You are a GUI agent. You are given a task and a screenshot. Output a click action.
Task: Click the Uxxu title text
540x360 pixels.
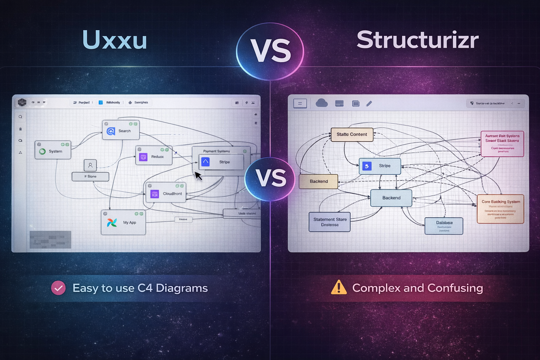point(115,40)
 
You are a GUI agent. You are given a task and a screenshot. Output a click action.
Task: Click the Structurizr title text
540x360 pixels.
point(417,40)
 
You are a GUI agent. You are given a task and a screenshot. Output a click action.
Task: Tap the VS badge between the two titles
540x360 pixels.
point(270,51)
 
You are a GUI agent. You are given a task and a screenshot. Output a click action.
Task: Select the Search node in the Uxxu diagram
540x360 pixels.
point(121,130)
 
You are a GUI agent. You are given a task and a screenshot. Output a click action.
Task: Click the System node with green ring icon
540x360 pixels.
point(53,150)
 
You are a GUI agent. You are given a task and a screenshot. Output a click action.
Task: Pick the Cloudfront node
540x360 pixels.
point(166,193)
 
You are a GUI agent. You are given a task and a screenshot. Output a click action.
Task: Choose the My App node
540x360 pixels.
point(123,223)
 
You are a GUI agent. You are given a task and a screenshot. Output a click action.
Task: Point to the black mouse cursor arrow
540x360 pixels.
point(198,175)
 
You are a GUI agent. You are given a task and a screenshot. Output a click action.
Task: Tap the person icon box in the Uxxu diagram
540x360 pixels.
point(90,165)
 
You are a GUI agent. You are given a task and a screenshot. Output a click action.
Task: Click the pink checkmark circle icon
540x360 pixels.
point(58,288)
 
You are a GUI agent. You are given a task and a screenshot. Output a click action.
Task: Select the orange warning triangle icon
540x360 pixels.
point(339,287)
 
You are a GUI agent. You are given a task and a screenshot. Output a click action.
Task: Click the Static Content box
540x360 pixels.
point(352,134)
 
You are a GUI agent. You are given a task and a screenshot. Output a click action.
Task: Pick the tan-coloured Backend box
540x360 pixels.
point(319,181)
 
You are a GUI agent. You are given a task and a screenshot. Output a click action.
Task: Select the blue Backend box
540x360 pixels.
point(391,198)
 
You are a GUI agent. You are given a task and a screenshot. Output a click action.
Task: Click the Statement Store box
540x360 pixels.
point(329,222)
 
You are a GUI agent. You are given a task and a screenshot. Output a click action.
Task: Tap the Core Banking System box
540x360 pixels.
point(500,209)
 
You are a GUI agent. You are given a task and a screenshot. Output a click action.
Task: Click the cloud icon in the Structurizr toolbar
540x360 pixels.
point(321,103)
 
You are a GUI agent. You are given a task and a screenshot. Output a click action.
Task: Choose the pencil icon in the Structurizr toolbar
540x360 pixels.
point(369,103)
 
